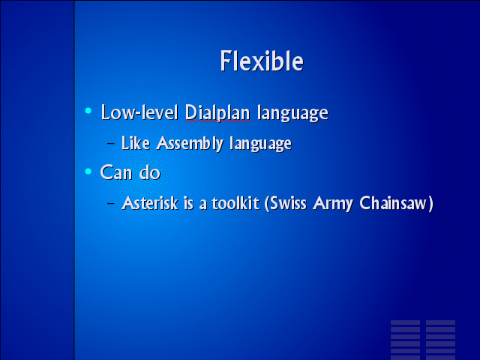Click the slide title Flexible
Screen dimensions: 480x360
[262, 61]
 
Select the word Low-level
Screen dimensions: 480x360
[139, 112]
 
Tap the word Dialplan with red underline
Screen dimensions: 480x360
[217, 113]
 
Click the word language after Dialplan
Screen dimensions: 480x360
[292, 113]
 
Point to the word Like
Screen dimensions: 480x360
[136, 143]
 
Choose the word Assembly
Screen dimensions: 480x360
[190, 144]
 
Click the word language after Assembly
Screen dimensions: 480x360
[260, 144]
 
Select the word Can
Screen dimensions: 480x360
[116, 172]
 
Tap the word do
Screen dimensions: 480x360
[150, 172]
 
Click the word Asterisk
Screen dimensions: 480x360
[150, 203]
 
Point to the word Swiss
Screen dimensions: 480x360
[288, 203]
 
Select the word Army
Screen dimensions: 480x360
[333, 204]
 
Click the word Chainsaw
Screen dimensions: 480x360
[393, 203]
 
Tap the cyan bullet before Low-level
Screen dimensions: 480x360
[88, 110]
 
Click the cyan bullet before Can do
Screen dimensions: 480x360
[88, 171]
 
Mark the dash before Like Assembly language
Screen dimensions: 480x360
[111, 143]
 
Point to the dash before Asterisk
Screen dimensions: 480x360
[111, 203]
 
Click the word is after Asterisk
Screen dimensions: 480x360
[188, 203]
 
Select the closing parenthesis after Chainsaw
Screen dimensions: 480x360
[430, 204]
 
